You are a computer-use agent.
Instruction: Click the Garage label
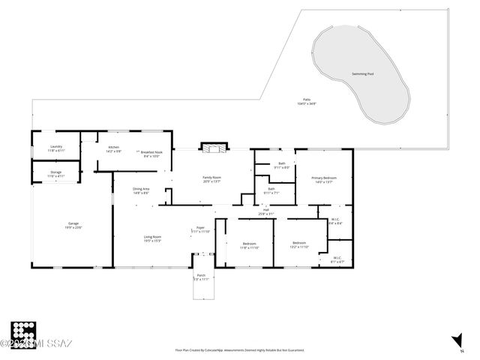coord(73,225)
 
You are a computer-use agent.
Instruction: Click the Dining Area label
coord(141,190)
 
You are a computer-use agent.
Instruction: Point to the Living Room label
coord(153,238)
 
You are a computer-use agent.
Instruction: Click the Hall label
coord(265,211)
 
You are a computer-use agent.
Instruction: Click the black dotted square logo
coord(24,332)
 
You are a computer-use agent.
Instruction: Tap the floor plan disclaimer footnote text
coord(240,349)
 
